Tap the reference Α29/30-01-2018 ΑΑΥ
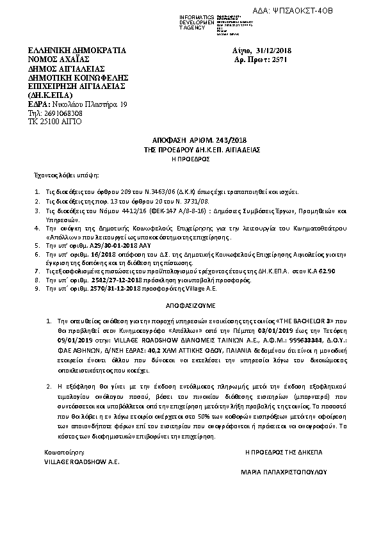pyautogui.click(x=106, y=245)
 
